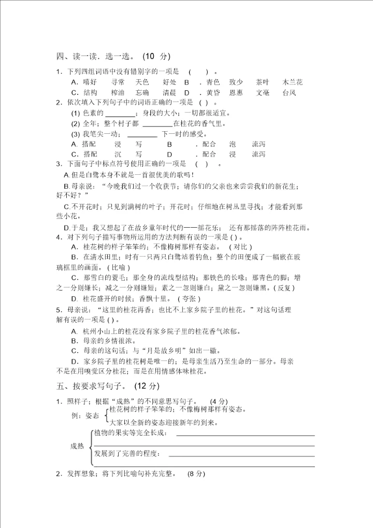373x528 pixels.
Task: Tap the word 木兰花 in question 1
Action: tap(293, 82)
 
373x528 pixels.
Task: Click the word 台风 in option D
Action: tap(289, 92)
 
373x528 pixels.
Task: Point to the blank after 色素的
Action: tap(120, 113)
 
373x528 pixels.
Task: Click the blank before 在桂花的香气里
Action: tap(156, 123)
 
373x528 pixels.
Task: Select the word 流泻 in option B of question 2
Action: tap(259, 144)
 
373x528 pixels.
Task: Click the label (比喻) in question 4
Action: tap(119, 267)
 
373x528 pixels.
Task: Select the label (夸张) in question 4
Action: tap(189, 299)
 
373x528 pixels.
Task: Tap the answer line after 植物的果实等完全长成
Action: tap(245, 436)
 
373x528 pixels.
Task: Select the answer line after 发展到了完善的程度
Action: tap(241, 456)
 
